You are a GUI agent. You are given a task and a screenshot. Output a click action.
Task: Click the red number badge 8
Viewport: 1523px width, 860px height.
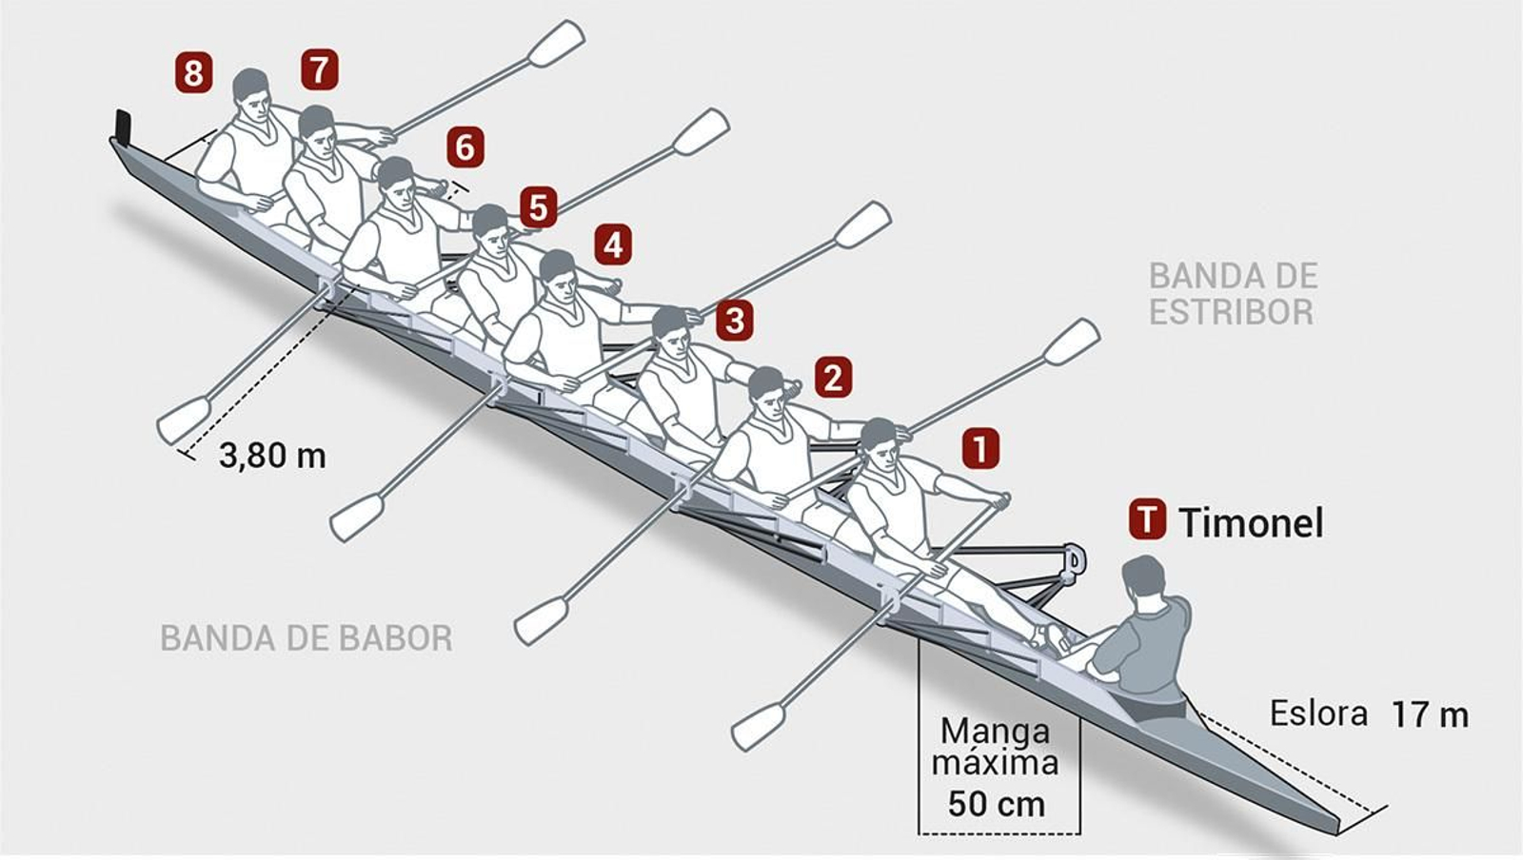[x=193, y=72]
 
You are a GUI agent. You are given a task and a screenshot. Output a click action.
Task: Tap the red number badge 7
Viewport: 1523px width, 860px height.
[x=319, y=69]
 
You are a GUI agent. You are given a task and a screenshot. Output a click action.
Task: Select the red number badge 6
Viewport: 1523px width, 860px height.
[x=465, y=147]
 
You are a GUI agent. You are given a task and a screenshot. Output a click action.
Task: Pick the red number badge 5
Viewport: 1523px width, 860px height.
[x=538, y=206]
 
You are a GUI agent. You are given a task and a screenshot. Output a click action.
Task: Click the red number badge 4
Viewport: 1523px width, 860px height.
[x=613, y=244]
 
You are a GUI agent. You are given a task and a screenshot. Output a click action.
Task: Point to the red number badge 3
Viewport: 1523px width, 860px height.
[x=734, y=321]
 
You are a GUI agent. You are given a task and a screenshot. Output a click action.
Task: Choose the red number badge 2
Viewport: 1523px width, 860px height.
[x=833, y=378]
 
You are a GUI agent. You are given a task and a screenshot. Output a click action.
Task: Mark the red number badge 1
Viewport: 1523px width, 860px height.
[x=980, y=447]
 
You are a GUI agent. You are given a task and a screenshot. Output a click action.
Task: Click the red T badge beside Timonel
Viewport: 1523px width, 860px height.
[x=1147, y=520]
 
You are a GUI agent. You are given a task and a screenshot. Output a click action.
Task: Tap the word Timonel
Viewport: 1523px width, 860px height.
[x=1251, y=522]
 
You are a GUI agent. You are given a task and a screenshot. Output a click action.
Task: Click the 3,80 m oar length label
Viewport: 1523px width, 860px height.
[x=272, y=456]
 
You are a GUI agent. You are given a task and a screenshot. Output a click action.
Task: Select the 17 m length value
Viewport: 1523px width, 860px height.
[x=1430, y=714]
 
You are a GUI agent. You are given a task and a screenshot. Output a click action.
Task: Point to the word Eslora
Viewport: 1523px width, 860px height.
[x=1318, y=713]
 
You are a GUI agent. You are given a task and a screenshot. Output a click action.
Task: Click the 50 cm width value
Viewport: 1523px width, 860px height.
[x=997, y=804]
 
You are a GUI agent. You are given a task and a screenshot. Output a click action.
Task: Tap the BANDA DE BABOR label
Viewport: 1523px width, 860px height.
[x=306, y=637]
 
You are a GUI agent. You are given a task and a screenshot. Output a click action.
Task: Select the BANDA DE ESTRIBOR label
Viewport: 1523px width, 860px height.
[x=1233, y=293]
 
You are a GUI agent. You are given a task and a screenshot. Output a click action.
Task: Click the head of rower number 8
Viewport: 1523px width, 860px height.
[x=250, y=88]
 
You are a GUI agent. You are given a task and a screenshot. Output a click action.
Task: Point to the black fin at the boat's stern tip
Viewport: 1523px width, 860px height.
[x=122, y=125]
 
